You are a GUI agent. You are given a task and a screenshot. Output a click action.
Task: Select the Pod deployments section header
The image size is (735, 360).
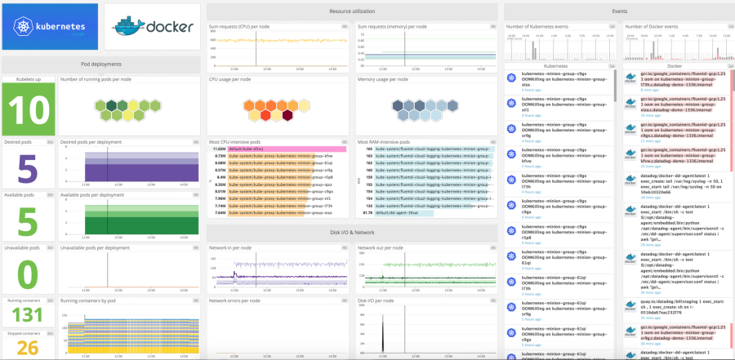pos(101,64)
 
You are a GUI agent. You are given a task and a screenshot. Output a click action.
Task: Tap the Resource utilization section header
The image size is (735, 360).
pos(351,11)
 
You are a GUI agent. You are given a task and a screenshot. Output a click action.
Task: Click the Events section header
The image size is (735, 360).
pos(619,11)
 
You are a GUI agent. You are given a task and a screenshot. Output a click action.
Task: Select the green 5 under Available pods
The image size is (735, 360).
pos(28,221)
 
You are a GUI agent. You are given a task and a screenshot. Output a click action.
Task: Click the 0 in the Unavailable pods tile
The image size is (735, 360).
pos(28,271)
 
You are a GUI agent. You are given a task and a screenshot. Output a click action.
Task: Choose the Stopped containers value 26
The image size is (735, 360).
pos(28,347)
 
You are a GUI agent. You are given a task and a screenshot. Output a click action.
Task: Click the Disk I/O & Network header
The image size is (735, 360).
pos(351,233)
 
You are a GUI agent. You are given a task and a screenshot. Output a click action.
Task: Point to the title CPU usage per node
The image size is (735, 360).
pos(229,79)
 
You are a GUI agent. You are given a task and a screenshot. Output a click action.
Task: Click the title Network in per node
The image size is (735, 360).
pos(231,247)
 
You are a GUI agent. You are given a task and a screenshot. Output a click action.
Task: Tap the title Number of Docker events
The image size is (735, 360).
pos(651,26)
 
